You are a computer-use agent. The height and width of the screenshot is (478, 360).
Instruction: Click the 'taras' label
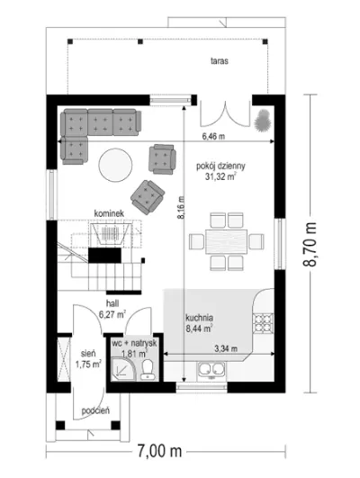coord(220,61)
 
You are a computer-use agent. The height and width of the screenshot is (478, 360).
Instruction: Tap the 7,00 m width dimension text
coord(159,451)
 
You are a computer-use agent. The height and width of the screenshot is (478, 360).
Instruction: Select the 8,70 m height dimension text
coord(310,244)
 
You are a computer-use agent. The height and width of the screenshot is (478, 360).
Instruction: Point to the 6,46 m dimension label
coord(213,136)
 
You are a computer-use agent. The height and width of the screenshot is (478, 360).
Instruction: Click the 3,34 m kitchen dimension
coord(226,348)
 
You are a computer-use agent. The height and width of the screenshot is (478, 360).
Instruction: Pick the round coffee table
coord(115,165)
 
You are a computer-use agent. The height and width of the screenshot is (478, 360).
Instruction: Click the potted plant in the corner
coord(263,121)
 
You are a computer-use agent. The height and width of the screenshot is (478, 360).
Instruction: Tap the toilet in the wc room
coord(148,369)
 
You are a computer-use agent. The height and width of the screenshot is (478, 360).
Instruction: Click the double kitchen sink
coord(211,370)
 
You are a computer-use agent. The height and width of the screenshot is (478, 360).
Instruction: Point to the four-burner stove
coord(263,323)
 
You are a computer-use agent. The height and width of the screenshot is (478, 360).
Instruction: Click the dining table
coord(227,241)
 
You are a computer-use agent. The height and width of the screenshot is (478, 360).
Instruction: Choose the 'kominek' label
coord(109,213)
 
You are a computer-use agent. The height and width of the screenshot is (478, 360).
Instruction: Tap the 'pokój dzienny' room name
coord(220,167)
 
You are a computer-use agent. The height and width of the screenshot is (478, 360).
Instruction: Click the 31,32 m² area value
coord(220,176)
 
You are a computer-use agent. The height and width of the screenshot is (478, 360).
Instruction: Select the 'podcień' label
coord(95,410)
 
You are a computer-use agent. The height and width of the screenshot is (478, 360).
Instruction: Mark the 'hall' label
coord(112,303)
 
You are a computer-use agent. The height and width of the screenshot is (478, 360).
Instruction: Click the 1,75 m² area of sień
coord(88,365)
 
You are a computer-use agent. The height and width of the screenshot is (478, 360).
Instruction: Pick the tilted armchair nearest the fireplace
coord(148,197)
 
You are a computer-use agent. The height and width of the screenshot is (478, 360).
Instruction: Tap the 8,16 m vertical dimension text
coord(182,208)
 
